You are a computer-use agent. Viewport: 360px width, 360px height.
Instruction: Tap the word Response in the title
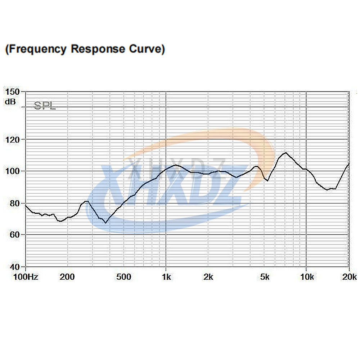point(98,49)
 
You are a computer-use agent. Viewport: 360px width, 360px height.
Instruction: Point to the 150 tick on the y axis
point(13,92)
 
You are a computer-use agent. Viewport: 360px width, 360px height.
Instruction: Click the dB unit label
point(10,102)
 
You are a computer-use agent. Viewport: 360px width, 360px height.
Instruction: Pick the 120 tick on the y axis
point(13,139)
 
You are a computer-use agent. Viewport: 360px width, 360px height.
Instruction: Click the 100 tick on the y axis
point(13,171)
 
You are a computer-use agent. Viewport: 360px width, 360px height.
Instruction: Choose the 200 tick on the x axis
point(67,277)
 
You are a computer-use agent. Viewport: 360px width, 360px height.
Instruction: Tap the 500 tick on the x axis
point(123,277)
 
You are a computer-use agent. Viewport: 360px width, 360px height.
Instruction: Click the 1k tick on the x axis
point(166,277)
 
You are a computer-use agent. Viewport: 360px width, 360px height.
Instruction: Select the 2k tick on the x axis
point(208,277)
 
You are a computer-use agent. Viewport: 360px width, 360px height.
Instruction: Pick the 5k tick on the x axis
point(265,277)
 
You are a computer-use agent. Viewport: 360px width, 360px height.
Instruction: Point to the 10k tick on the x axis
point(307,277)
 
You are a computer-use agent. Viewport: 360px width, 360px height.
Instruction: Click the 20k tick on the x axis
point(349,277)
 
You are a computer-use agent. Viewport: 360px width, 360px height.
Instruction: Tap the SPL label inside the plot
point(45,106)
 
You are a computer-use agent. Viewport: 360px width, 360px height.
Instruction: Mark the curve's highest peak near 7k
point(285,153)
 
